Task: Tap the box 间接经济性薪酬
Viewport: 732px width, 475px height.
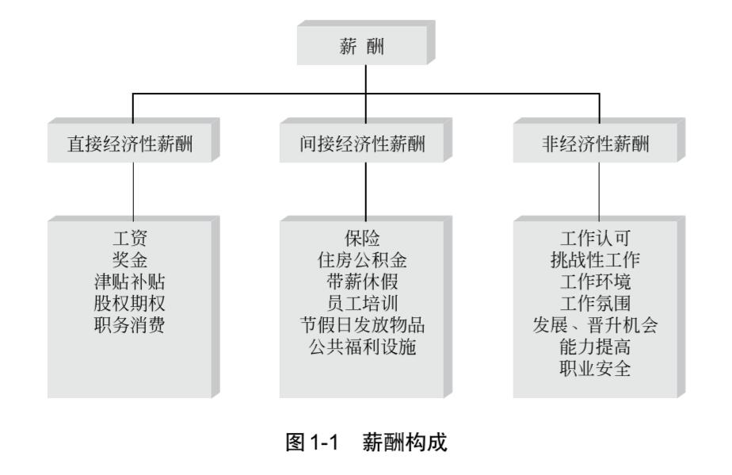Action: click(364, 144)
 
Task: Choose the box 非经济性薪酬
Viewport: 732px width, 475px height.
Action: click(599, 144)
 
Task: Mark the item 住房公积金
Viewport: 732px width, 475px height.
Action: click(364, 258)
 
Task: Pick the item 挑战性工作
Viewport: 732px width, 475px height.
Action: click(599, 258)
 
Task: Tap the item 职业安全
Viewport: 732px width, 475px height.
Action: click(599, 368)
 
